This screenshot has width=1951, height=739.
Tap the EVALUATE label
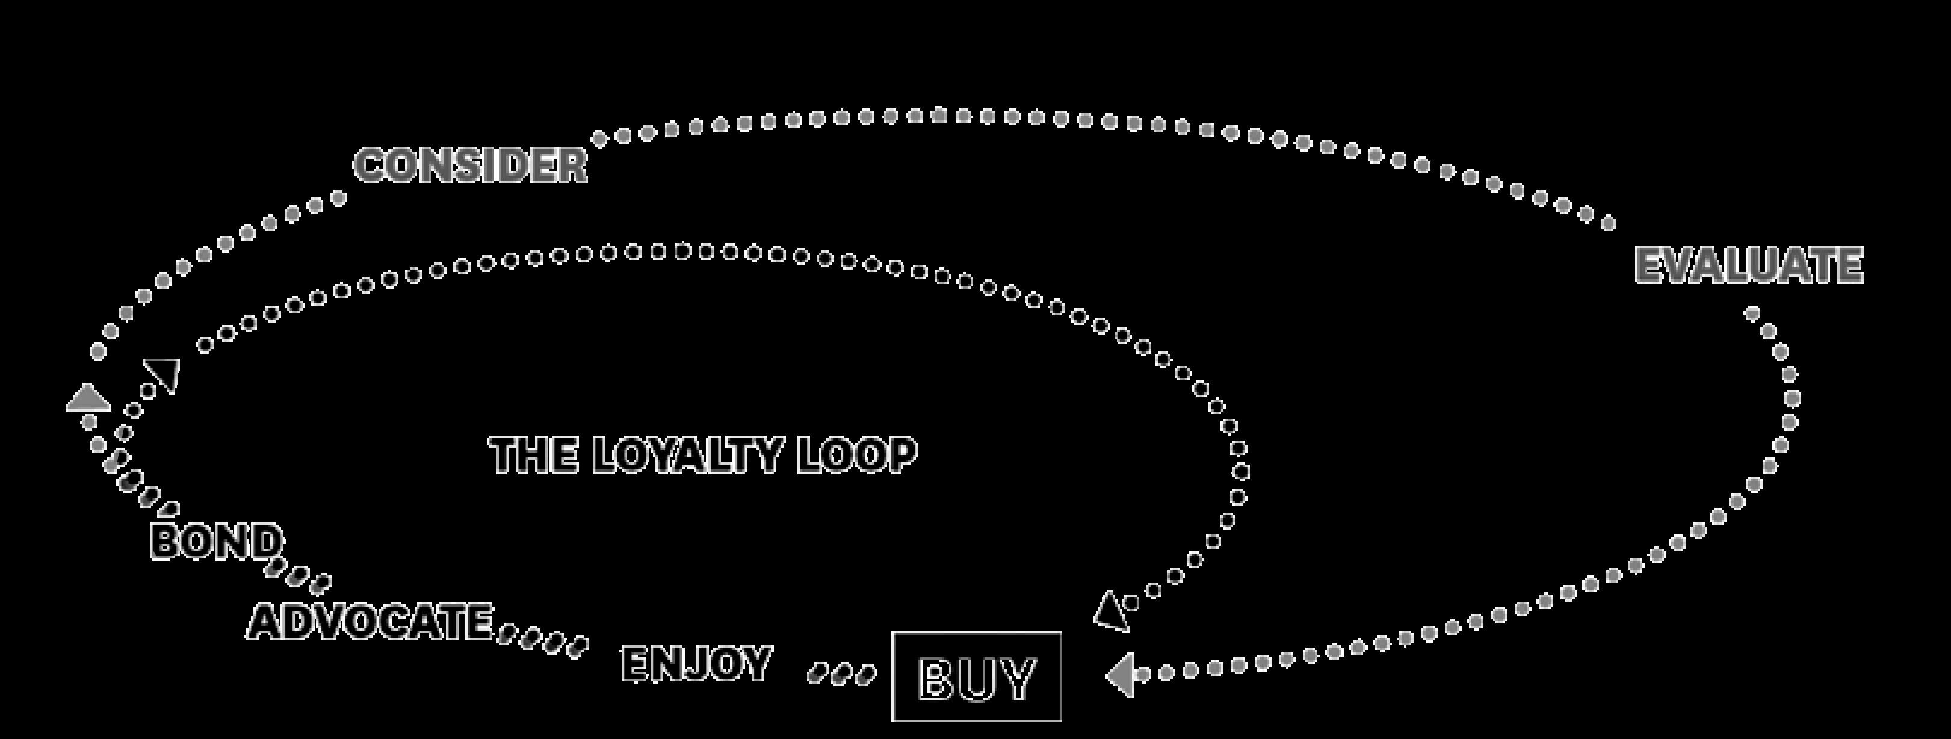[1749, 265]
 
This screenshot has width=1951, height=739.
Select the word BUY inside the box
[976, 678]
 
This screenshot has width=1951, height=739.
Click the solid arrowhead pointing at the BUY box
[1122, 675]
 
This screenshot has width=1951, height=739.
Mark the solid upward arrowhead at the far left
[88, 398]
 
